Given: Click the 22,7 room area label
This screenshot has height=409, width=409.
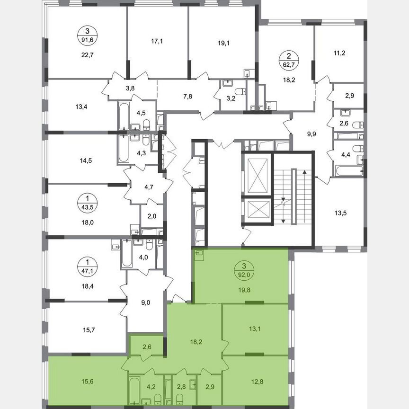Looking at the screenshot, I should (x=86, y=53).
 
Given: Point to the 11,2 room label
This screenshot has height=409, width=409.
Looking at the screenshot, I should (x=339, y=53).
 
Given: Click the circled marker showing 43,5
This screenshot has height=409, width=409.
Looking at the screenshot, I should (x=86, y=199).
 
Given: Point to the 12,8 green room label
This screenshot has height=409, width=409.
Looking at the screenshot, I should (x=254, y=377).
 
